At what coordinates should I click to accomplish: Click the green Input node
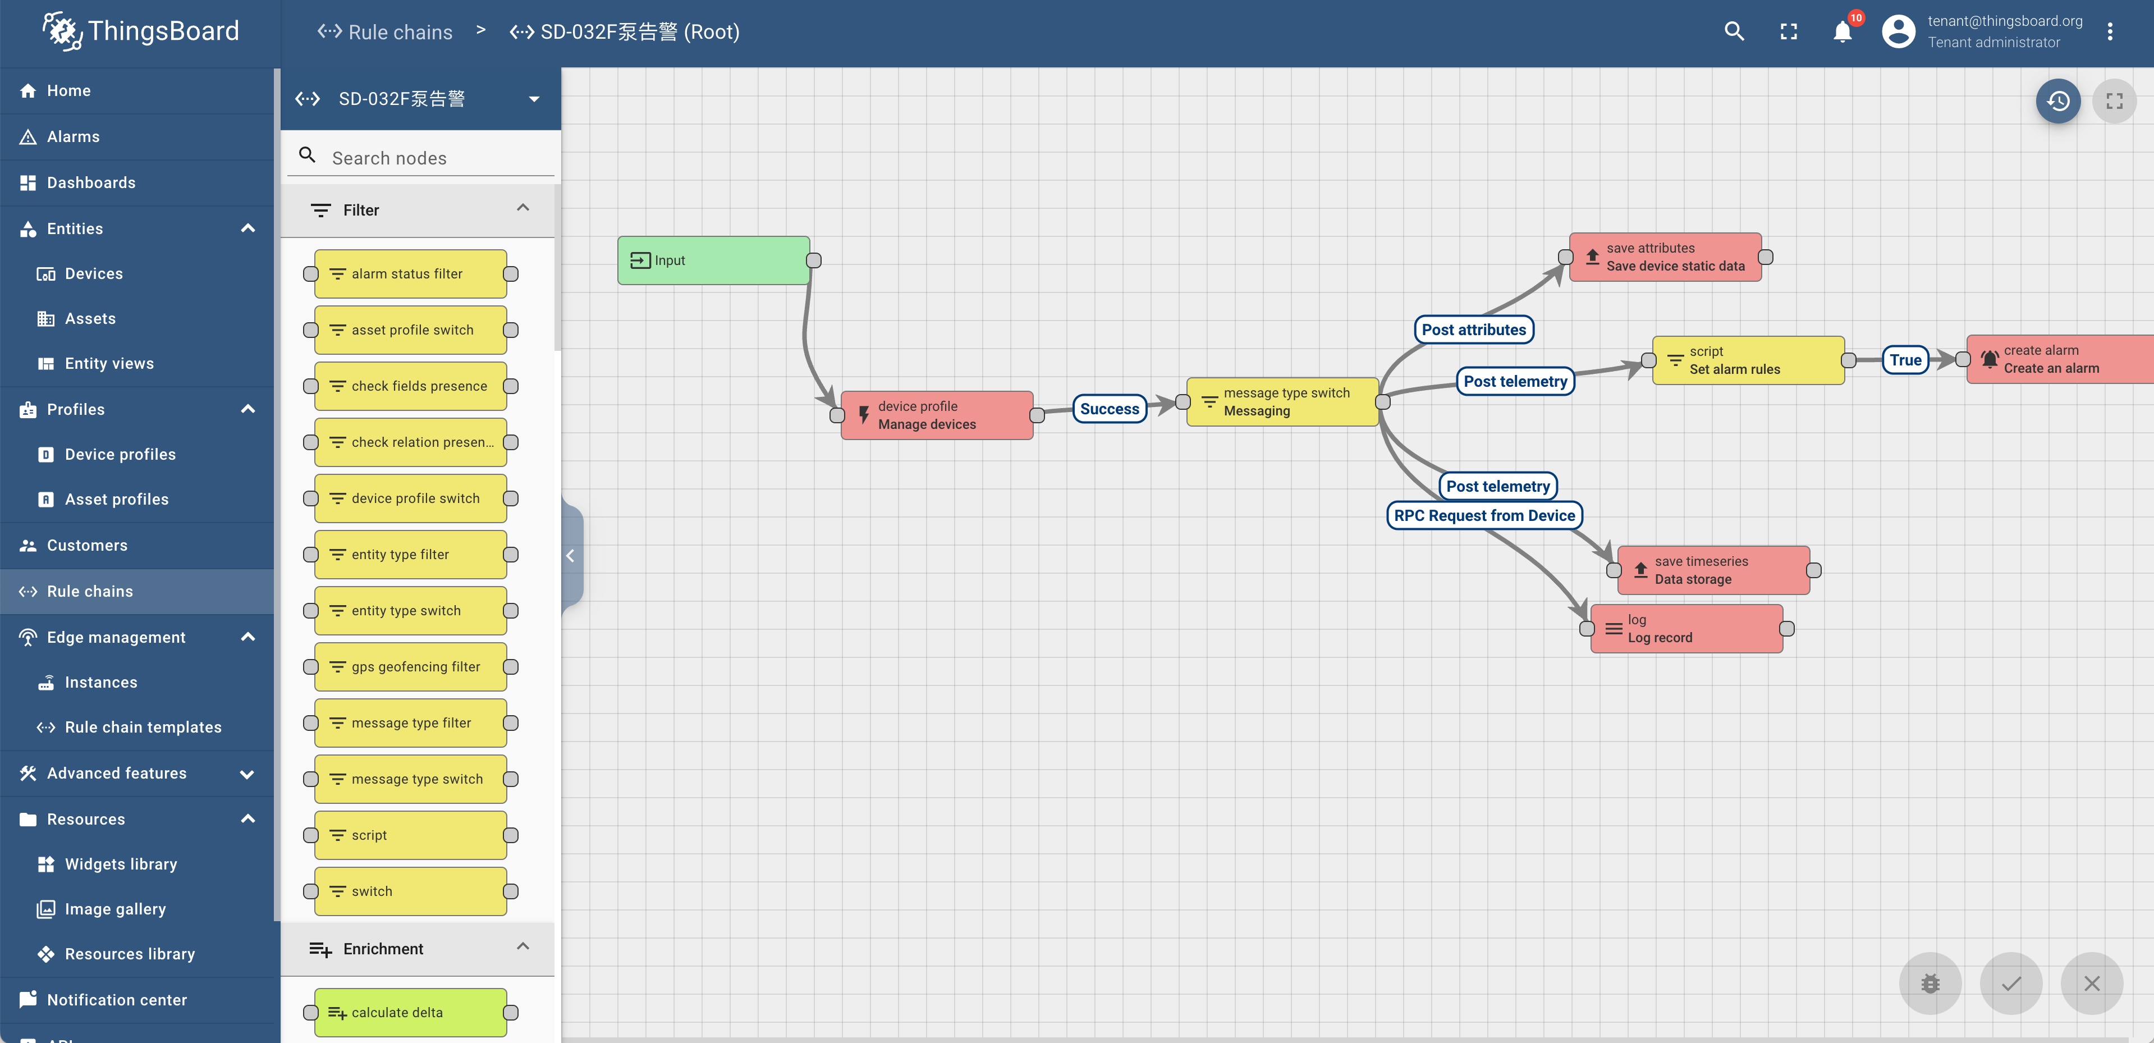713,260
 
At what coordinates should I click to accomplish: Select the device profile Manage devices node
937,415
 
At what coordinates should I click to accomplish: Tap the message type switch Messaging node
1282,401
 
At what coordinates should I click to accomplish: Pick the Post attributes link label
1473,330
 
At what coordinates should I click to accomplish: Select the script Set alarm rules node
1748,360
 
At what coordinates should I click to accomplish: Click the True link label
1905,360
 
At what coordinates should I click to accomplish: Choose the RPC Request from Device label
1484,515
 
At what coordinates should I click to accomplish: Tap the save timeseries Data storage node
1713,570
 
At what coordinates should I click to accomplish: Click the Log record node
1686,629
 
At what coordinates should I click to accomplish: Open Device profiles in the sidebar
121,454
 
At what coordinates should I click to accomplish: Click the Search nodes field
435,158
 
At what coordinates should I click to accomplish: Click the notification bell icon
1842,32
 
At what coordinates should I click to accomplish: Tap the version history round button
2058,101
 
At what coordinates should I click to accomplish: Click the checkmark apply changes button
2011,983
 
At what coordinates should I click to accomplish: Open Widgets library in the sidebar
121,864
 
